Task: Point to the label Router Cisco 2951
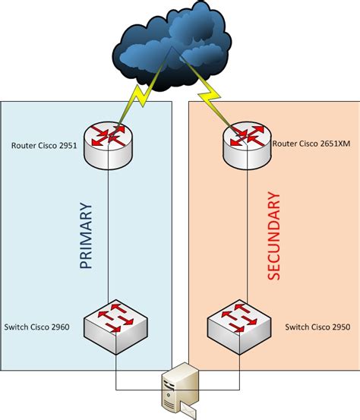pos(45,145)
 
